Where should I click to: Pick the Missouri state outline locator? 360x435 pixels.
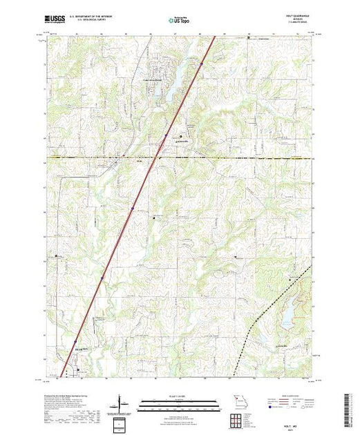point(238,402)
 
